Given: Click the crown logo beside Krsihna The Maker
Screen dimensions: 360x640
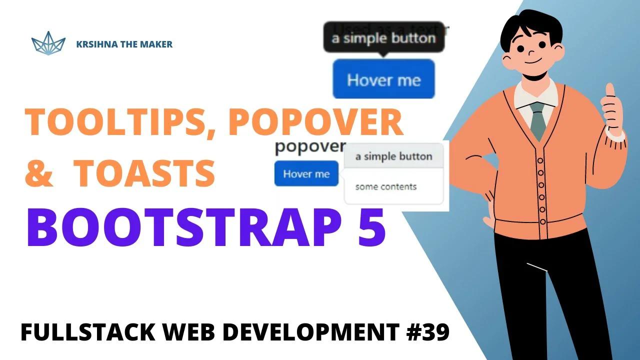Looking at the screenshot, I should pos(48,43).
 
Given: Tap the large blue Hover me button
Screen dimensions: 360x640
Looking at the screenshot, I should pos(383,79).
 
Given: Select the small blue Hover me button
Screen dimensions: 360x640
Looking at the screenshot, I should pos(306,173).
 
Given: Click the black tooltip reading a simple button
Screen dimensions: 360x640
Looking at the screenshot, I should pos(383,38).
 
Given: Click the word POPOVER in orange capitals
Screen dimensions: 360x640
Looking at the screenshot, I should pos(316,122).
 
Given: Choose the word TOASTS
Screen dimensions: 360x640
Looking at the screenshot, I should pos(145,172).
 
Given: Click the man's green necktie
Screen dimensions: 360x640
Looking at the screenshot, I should pos(538,120).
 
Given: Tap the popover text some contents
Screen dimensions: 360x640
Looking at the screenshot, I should pos(385,187).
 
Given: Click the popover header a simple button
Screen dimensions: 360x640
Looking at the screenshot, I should pos(393,156).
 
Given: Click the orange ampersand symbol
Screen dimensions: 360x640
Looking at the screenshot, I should pos(39,173).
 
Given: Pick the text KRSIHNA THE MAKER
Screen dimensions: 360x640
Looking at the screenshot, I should pos(124,44).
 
